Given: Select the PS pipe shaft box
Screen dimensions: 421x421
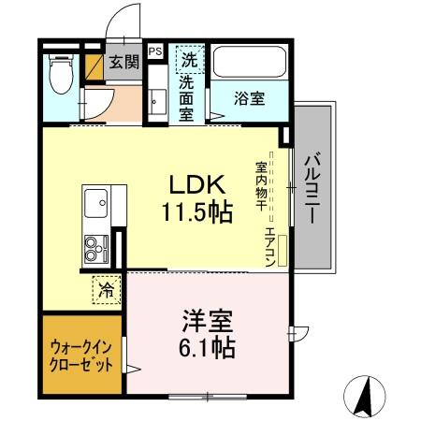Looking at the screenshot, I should pyautogui.click(x=154, y=52).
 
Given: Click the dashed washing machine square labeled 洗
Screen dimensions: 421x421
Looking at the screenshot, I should pyautogui.click(x=189, y=59).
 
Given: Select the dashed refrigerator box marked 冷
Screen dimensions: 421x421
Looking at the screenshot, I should pyautogui.click(x=107, y=290).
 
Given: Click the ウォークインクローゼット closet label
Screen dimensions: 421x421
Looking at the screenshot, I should pyautogui.click(x=81, y=356).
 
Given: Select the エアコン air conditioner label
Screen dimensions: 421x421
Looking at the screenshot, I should pyautogui.click(x=269, y=245).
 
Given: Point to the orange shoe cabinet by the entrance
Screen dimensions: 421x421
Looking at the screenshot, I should pyautogui.click(x=95, y=65).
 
